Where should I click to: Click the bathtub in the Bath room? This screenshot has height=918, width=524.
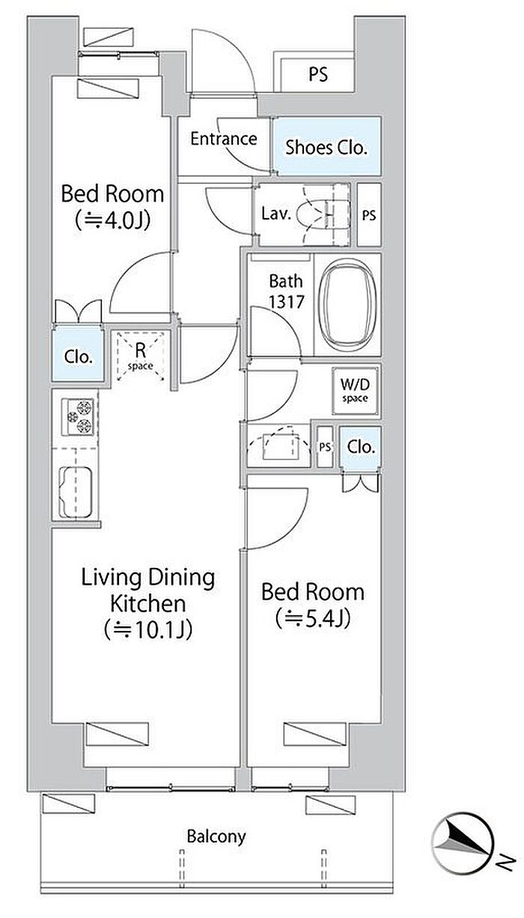click(347, 304)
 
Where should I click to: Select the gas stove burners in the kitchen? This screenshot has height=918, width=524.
click(78, 417)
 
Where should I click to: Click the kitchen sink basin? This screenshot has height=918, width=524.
click(76, 492)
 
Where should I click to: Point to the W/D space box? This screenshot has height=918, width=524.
click(355, 391)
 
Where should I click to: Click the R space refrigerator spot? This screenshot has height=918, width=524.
click(141, 356)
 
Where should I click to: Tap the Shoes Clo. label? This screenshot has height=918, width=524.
click(326, 148)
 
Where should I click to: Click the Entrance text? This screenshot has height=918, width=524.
click(224, 139)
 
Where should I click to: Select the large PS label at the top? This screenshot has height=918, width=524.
click(318, 74)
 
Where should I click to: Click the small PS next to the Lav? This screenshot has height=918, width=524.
click(369, 215)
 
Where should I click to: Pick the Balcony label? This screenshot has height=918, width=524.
click(216, 836)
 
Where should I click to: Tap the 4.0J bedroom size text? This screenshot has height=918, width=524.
click(112, 221)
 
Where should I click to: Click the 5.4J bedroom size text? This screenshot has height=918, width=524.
click(313, 619)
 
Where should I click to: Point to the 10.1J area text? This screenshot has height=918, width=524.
click(147, 630)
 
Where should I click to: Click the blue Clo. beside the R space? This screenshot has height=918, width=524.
click(78, 357)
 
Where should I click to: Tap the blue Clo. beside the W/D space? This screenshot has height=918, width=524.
click(361, 447)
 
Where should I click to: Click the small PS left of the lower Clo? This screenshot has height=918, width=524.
click(325, 447)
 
